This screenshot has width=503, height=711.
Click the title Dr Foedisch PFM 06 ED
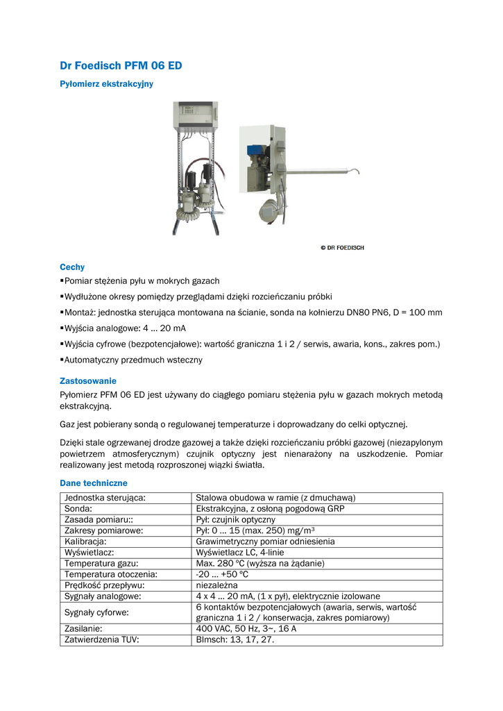121,66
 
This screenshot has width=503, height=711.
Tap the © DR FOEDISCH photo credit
341,248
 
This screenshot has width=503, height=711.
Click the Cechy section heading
72,267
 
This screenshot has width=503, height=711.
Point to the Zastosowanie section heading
88,381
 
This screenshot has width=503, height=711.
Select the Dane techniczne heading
94,483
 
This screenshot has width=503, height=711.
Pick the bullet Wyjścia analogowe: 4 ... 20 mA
126,328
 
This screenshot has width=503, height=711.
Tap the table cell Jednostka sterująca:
109,498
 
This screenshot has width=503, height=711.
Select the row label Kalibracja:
85,541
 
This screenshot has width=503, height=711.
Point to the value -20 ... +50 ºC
222,574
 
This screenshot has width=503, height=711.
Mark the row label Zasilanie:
84,628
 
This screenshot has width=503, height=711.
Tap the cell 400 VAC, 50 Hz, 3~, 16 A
246,628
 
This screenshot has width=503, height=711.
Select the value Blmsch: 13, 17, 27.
235,639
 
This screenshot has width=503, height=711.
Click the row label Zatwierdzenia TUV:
101,639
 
